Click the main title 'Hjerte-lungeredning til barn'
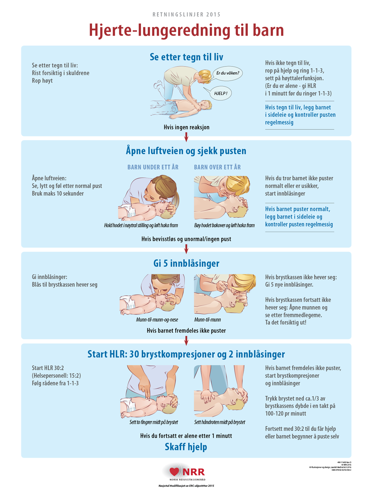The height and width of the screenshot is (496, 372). (186, 30)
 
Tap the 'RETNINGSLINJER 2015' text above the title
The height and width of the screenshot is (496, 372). (186, 15)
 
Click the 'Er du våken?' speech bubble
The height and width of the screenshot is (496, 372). (228, 73)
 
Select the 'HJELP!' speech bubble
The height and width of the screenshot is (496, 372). (220, 93)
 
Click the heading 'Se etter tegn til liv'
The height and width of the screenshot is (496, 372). (186, 57)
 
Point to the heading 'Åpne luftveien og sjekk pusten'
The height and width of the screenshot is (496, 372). (186, 151)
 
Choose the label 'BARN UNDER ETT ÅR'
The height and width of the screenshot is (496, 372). (153, 167)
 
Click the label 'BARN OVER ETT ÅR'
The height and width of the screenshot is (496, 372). (217, 167)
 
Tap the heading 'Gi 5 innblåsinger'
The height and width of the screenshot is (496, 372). (186, 263)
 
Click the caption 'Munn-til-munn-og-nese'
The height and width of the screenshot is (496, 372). (157, 320)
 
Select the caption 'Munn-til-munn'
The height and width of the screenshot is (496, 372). (207, 320)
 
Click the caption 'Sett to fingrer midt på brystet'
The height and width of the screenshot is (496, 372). (154, 422)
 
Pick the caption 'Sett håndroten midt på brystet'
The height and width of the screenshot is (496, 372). (219, 422)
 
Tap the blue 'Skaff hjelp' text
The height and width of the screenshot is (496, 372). (186, 447)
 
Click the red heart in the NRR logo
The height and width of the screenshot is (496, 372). (175, 472)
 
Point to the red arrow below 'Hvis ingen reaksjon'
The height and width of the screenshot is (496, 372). (186, 137)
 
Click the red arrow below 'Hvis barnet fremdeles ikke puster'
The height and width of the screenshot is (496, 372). (186, 341)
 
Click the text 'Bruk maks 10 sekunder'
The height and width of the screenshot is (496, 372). (58, 194)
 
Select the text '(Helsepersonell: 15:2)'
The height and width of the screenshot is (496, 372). (56, 376)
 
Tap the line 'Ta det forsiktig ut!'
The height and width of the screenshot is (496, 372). (286, 323)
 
